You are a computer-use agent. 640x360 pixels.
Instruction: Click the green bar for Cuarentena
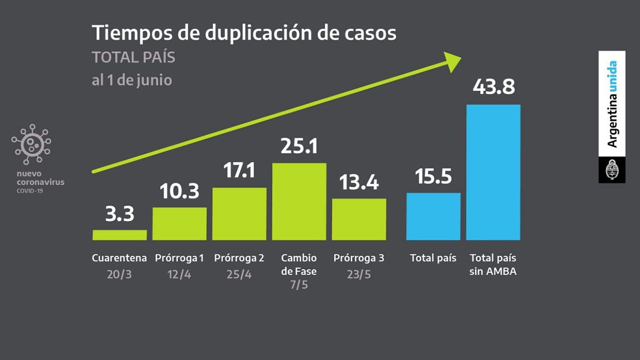(119, 235)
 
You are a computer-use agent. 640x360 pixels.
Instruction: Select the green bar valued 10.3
(179, 223)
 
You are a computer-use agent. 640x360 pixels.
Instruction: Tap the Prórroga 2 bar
(239, 214)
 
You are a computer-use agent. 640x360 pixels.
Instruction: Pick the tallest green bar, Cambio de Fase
(299, 202)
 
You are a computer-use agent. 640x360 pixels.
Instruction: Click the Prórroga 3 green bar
(359, 219)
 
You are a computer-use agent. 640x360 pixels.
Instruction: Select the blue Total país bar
(433, 216)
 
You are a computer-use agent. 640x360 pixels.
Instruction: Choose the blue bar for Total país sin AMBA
(493, 172)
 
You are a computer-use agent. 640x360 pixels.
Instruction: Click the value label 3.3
(119, 214)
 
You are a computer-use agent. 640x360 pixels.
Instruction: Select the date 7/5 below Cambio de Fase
(299, 285)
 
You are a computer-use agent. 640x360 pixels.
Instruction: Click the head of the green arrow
(453, 61)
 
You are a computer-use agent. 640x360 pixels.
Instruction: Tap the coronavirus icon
(31, 144)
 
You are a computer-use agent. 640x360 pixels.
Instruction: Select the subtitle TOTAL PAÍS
(133, 58)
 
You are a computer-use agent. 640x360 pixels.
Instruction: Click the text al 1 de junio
(132, 81)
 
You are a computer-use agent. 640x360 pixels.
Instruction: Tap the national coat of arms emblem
(612, 170)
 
